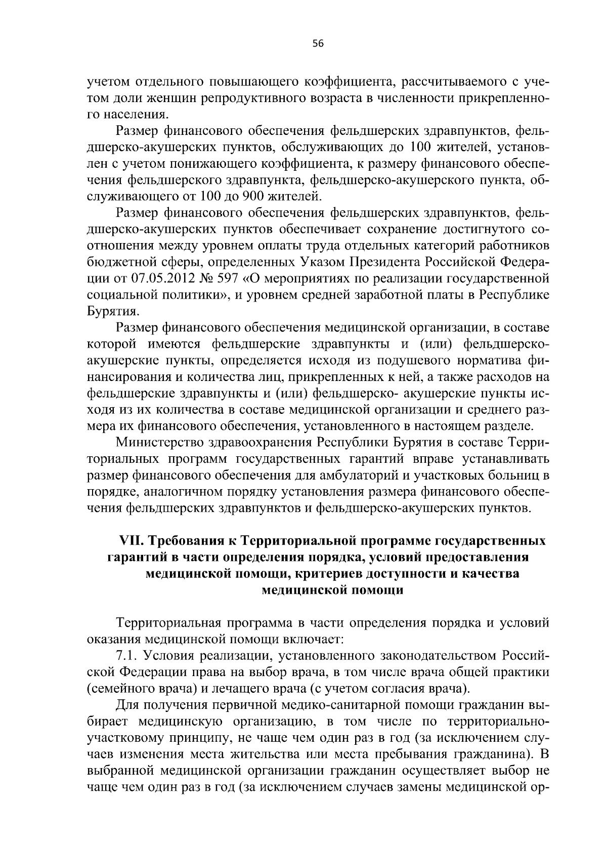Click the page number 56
pyautogui.click(x=318, y=44)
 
